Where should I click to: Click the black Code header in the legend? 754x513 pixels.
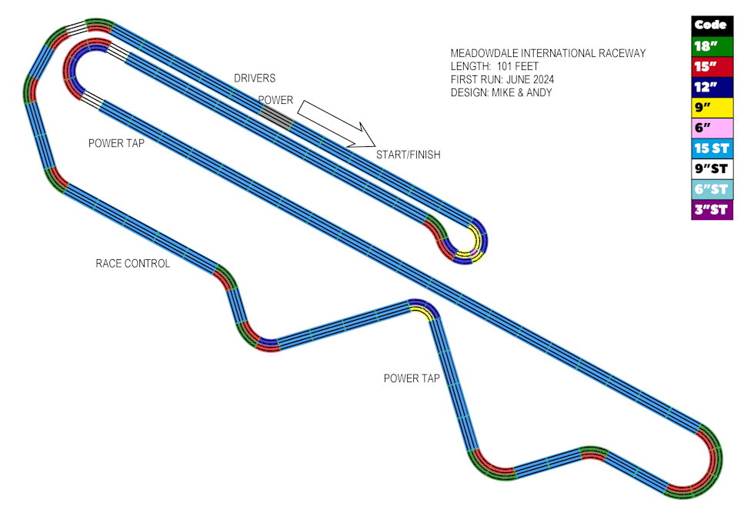click(712, 25)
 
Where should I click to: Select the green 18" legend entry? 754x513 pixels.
click(712, 46)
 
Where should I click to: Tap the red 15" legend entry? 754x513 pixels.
click(712, 67)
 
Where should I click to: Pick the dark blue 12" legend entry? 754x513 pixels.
click(712, 87)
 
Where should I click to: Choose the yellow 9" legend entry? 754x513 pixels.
click(712, 108)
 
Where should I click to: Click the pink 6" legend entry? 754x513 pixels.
click(712, 128)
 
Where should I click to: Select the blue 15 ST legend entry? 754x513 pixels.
click(712, 148)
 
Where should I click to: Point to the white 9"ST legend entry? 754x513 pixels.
click(712, 168)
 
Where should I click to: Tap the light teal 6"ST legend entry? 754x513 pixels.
click(712, 189)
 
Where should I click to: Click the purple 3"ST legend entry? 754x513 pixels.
click(712, 210)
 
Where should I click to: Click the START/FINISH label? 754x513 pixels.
click(409, 155)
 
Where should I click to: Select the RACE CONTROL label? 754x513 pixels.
click(132, 264)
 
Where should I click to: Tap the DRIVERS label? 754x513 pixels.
click(255, 78)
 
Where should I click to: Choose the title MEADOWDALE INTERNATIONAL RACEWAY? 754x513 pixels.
click(548, 53)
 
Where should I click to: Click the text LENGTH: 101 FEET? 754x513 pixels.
click(494, 66)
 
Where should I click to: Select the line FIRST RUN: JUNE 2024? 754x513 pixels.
click(502, 79)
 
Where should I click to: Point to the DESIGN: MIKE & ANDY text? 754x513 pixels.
click(501, 92)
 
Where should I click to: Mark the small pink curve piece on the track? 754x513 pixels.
click(474, 252)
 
